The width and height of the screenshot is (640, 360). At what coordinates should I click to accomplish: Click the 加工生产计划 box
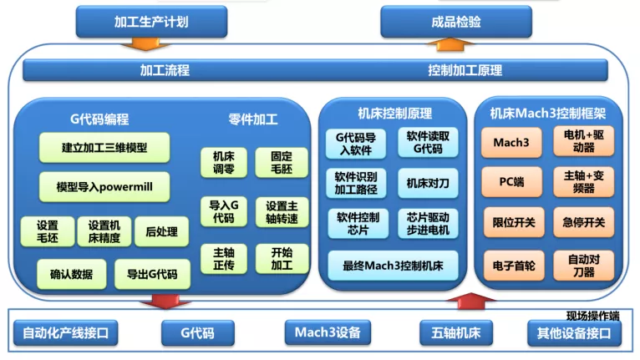[151, 22]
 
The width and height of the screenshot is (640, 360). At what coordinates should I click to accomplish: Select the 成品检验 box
[456, 22]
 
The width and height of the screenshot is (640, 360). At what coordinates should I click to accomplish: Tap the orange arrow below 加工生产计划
[145, 43]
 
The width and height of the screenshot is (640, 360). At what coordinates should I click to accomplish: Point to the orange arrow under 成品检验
[450, 44]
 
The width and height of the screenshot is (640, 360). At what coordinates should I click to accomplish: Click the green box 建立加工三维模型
[104, 147]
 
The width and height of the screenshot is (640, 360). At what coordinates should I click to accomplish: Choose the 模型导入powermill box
[104, 187]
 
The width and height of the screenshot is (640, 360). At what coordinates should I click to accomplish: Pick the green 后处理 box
[161, 231]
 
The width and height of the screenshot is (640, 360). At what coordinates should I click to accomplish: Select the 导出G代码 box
[152, 274]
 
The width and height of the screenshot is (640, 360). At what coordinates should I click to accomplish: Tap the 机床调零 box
[224, 162]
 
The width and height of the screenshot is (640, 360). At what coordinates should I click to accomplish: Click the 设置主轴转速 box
[282, 212]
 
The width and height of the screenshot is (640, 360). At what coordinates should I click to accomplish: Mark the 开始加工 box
[282, 259]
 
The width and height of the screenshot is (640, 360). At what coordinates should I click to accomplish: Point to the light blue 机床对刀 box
[428, 183]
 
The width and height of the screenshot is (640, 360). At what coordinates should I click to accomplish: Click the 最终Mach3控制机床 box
[393, 266]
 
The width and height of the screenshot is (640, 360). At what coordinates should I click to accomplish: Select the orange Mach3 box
[511, 143]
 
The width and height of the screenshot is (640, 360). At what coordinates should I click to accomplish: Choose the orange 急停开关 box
[584, 222]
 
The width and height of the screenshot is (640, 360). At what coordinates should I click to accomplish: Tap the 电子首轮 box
[514, 266]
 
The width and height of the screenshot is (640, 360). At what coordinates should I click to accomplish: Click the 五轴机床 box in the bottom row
[456, 333]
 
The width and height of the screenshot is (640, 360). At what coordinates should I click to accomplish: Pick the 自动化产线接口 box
[66, 333]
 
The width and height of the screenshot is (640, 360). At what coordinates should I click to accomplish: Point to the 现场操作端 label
[593, 316]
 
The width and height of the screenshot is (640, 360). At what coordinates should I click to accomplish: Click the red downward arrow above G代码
[165, 302]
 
